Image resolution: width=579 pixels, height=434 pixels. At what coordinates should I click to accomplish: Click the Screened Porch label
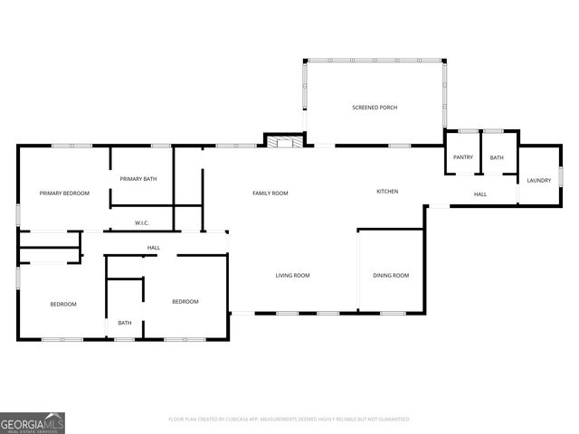[375, 108]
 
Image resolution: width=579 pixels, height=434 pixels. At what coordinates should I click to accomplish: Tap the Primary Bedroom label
[64, 193]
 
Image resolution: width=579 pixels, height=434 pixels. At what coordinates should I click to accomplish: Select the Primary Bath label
[138, 179]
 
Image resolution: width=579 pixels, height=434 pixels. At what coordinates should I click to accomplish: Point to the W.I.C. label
[142, 222]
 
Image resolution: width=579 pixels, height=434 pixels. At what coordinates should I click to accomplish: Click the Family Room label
[270, 193]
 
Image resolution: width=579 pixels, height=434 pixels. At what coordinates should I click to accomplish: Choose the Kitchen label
[387, 191]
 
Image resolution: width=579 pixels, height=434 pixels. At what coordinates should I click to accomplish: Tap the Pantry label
[463, 157]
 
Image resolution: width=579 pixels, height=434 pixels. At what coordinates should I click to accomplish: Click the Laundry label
[539, 180]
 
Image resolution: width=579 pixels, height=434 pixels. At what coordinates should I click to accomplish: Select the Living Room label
[293, 275]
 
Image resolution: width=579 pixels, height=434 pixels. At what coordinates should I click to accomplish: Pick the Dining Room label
[391, 275]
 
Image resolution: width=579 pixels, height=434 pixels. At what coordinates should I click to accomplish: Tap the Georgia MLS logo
[33, 422]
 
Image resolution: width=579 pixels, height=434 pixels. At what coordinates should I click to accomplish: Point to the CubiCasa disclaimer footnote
[289, 419]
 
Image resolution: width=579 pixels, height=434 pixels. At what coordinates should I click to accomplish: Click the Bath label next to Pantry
[497, 157]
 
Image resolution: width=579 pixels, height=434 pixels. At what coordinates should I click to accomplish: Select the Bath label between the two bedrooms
[125, 323]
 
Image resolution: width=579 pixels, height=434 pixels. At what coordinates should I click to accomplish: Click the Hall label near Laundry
[480, 193]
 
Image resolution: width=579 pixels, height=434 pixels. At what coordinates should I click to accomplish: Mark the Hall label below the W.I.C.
[154, 248]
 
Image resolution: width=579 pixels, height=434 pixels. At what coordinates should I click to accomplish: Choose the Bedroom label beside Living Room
[185, 301]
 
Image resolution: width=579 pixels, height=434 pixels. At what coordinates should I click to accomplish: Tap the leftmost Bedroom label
[63, 304]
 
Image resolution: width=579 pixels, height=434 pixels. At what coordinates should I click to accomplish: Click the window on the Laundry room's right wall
[561, 175]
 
